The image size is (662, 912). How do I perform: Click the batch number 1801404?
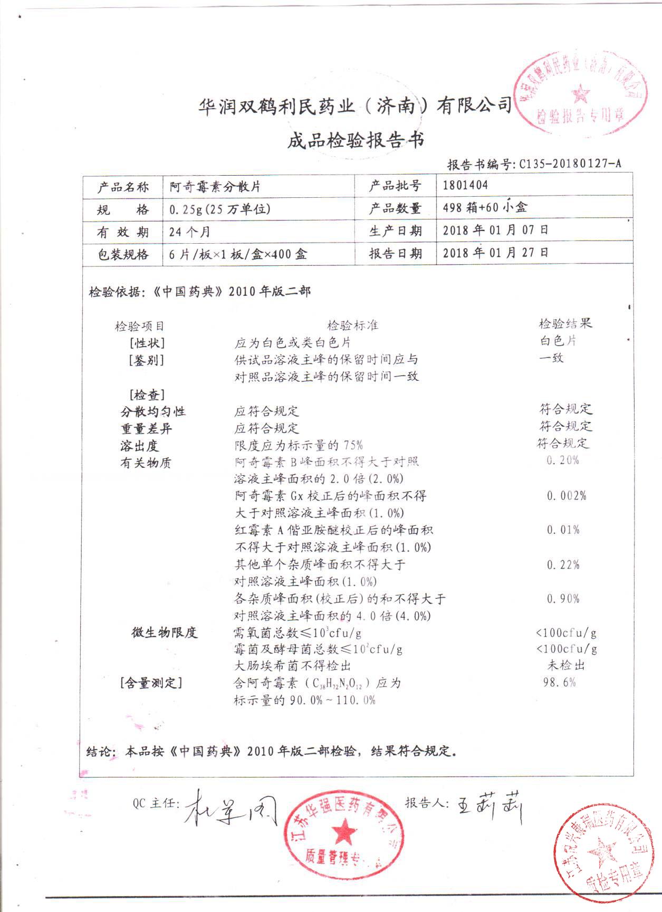pos(465,185)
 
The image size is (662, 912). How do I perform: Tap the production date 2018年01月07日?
pos(495,230)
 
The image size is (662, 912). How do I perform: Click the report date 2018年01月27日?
pos(495,253)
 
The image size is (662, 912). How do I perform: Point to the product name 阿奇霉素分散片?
pos(215,187)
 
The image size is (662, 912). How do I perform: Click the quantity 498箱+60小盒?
pos(484,207)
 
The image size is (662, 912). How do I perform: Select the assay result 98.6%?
pos(559,683)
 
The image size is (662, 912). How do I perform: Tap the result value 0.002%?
pos(566,496)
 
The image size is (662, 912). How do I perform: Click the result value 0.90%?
pos(563,599)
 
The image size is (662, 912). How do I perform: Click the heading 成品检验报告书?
pos(356,141)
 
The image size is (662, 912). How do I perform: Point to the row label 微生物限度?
pos(164,632)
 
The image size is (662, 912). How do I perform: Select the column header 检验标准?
pos(352,325)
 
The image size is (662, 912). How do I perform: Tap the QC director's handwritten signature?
pos(231,808)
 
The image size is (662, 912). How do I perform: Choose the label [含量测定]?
pos(151,683)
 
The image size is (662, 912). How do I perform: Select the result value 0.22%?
pos(563,565)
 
